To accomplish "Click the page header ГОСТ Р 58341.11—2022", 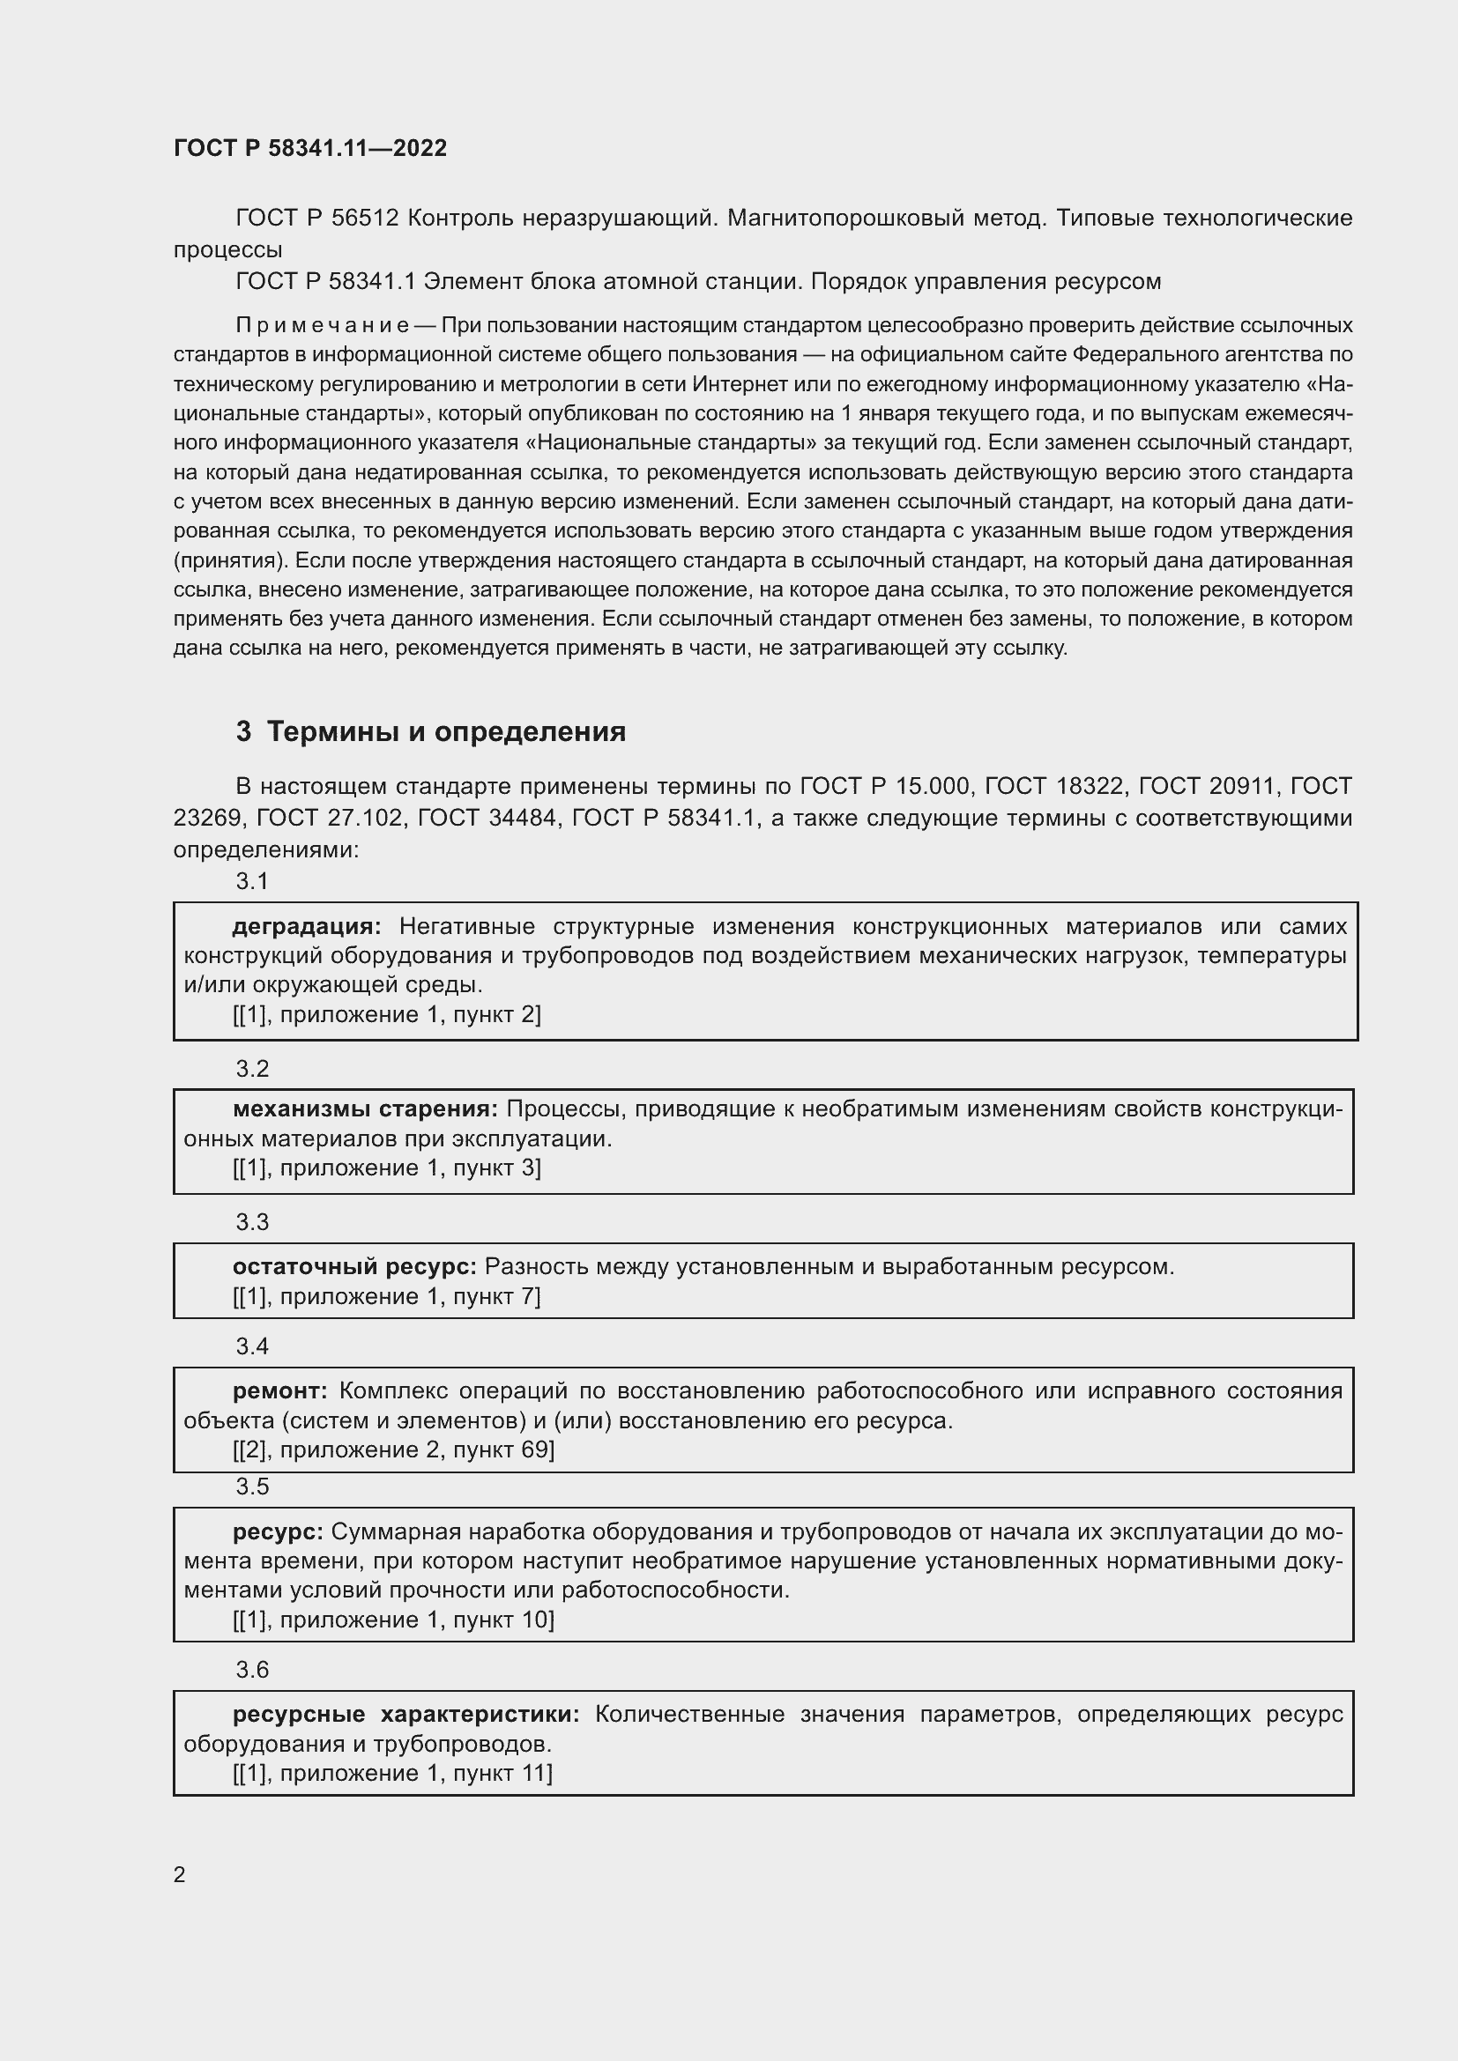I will click(309, 148).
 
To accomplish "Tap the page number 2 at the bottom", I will click(180, 1874).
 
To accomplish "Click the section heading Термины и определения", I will click(446, 731).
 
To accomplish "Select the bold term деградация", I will click(306, 926).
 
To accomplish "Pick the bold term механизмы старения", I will click(365, 1109).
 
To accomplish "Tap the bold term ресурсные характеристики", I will click(405, 1714).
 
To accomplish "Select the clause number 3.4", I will click(252, 1346).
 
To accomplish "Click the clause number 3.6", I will click(252, 1669).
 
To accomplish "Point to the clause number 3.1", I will click(252, 881).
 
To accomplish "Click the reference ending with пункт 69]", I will click(393, 1449).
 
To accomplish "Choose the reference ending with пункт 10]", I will click(393, 1620).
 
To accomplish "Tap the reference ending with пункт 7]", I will click(387, 1296).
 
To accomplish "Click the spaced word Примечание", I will click(323, 325).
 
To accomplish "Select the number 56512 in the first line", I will click(365, 219).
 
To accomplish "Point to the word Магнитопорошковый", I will click(844, 219).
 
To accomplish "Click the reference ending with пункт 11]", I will click(392, 1773).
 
